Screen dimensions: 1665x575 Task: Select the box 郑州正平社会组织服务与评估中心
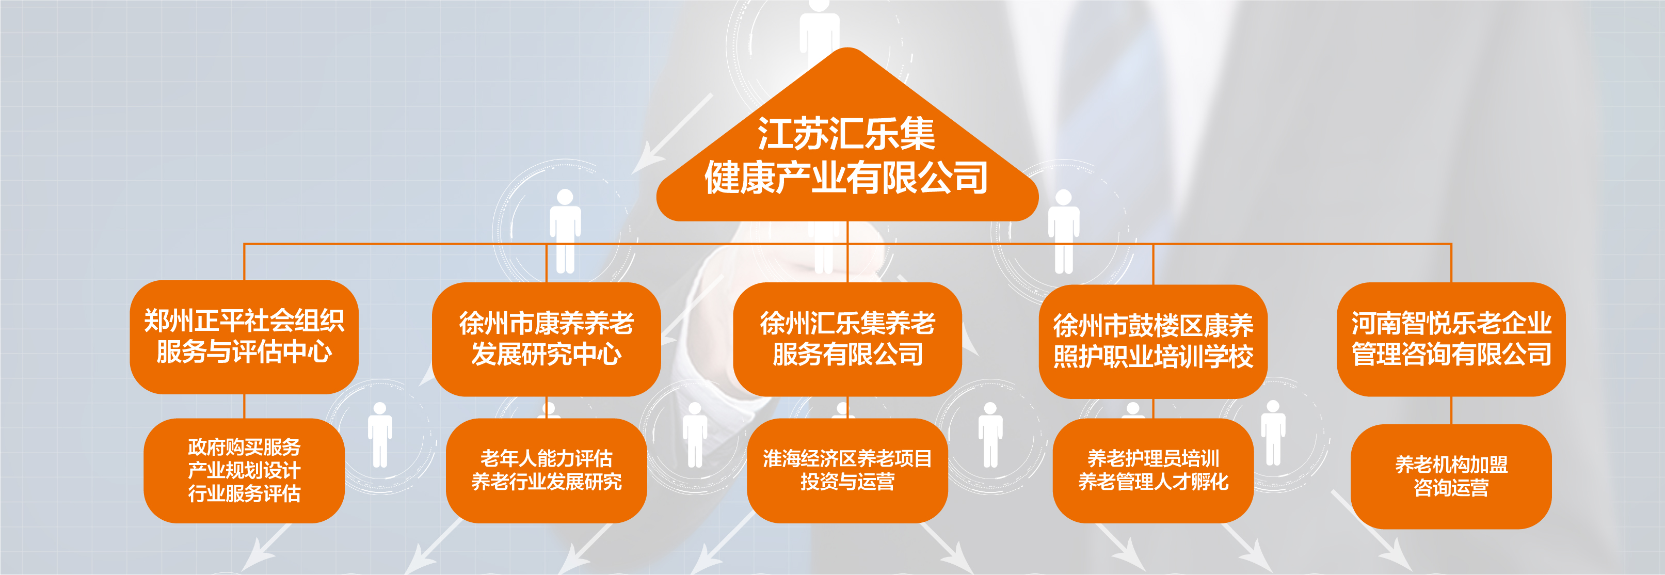(x=244, y=337)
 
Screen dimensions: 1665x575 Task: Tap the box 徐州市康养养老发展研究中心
(x=546, y=339)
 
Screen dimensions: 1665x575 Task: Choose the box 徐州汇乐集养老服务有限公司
(x=847, y=339)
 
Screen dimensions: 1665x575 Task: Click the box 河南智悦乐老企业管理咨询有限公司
(x=1451, y=339)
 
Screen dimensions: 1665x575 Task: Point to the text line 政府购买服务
(x=244, y=447)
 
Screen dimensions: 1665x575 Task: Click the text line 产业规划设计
(x=244, y=470)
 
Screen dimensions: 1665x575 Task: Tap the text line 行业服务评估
(x=244, y=493)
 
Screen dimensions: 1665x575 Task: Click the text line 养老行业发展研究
(x=546, y=482)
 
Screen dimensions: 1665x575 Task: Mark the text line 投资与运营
(x=847, y=482)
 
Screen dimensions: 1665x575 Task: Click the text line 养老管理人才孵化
(x=1153, y=482)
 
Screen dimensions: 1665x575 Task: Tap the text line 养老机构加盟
(x=1451, y=465)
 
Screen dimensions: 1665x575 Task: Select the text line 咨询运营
(x=1451, y=488)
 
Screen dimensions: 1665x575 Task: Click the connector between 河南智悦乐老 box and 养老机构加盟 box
(x=1451, y=410)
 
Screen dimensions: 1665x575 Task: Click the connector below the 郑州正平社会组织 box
(x=244, y=406)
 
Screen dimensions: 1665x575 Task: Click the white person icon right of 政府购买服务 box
(x=380, y=435)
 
